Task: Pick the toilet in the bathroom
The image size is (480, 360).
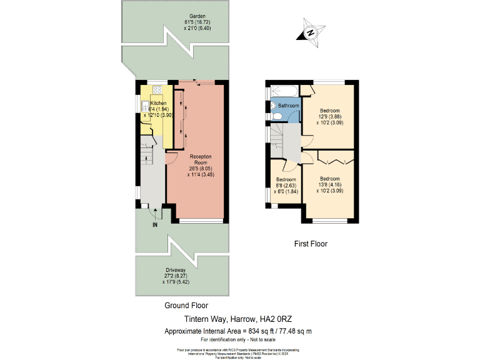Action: [x=276, y=116]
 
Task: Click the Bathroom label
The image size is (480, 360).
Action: [x=289, y=106]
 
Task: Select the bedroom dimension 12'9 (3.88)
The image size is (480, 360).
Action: [x=330, y=116]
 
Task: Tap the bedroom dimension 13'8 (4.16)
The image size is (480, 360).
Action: [x=330, y=184]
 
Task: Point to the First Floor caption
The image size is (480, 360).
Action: [x=311, y=244]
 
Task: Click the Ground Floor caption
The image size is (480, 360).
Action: [x=186, y=306]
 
